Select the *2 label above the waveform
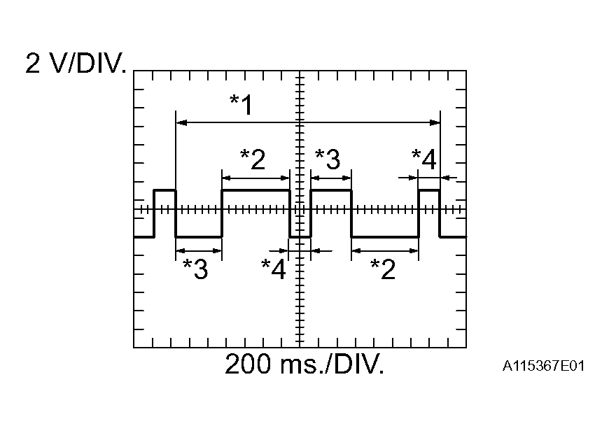point(253,159)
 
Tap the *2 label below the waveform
point(383,269)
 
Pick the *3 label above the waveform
point(328,159)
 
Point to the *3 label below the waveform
point(195,269)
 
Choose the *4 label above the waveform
point(423,159)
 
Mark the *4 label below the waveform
point(274,269)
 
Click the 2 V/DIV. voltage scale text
point(76,64)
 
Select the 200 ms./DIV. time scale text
point(304,364)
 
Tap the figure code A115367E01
point(543,366)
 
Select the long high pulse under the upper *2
point(255,190)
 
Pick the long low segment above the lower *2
point(384,237)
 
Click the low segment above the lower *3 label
point(199,237)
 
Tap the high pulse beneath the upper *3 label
point(330,190)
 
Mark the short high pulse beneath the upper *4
point(428,190)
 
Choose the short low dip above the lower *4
point(300,237)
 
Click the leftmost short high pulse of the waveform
point(165,190)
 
